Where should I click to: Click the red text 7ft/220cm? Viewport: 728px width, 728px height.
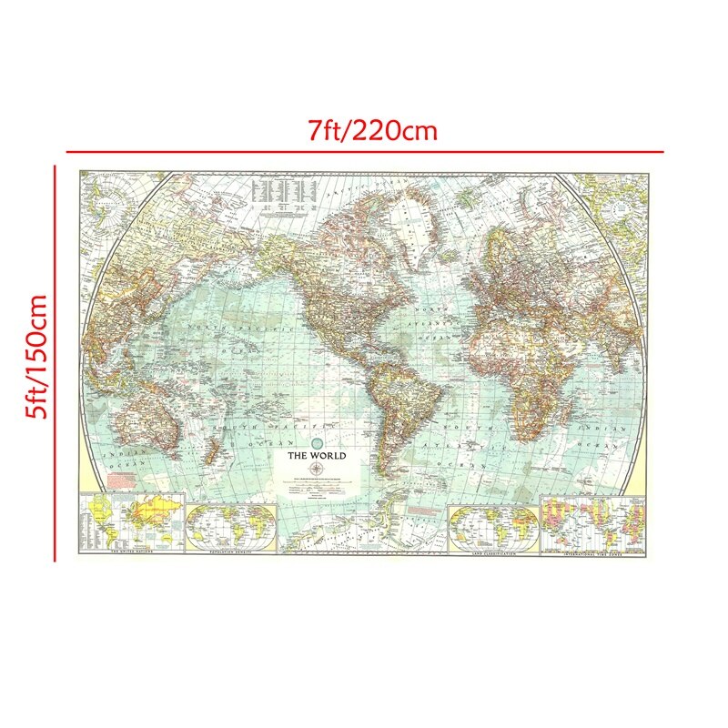[x=372, y=131]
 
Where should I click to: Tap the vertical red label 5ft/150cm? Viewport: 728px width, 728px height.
[x=38, y=356]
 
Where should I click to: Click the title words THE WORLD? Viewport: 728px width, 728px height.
[x=317, y=455]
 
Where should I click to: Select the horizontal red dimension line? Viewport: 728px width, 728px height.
[x=364, y=151]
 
